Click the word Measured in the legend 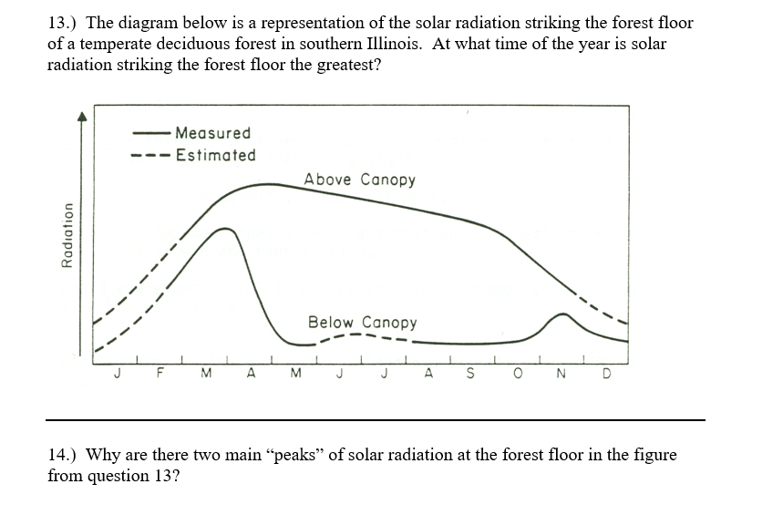click(x=212, y=133)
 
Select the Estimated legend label click(x=215, y=155)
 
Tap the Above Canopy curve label click(x=359, y=180)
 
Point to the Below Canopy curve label click(x=362, y=323)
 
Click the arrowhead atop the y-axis click(x=81, y=116)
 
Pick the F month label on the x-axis click(x=160, y=374)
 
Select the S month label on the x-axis click(x=469, y=374)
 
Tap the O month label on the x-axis click(x=516, y=374)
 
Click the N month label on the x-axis click(x=561, y=374)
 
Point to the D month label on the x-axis click(x=606, y=374)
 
